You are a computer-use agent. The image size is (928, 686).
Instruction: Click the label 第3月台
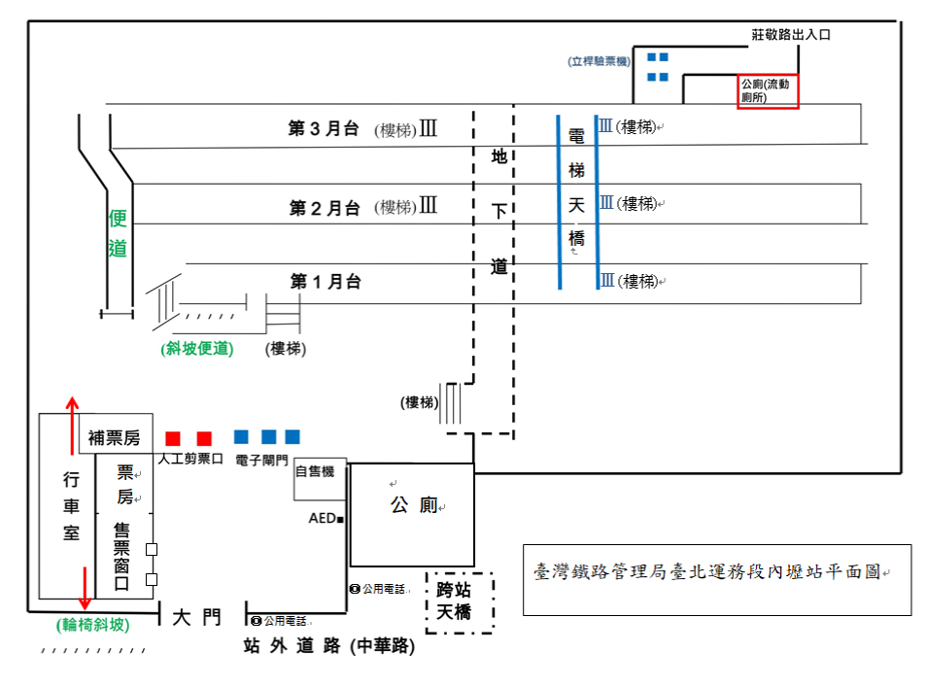tap(324, 129)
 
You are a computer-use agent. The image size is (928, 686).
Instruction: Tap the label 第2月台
tap(325, 208)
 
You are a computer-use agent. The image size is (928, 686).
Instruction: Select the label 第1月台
tap(326, 282)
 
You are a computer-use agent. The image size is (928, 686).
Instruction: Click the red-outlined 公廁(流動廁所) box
tap(768, 90)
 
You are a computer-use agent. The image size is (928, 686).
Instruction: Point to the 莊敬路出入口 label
tap(791, 34)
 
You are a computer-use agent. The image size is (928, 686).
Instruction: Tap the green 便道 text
tap(118, 233)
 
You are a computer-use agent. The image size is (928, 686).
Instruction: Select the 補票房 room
tap(115, 438)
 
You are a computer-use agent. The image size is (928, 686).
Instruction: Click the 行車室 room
tap(71, 505)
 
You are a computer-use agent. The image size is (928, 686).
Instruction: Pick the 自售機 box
tap(315, 472)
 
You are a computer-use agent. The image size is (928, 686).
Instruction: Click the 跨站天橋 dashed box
tap(460, 600)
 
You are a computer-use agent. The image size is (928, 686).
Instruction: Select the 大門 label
tap(196, 617)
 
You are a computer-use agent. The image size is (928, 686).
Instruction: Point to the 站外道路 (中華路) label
tap(328, 646)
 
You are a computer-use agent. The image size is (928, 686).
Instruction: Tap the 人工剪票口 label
tap(190, 458)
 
